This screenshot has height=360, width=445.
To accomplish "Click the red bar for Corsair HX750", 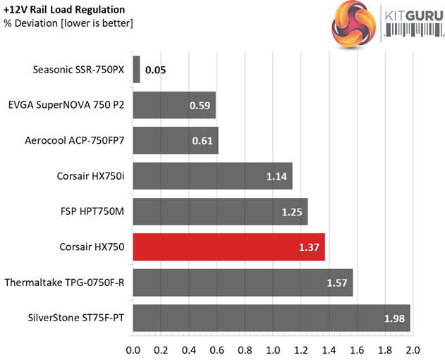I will (x=228, y=247).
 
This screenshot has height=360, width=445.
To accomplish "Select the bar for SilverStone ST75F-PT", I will (x=272, y=318).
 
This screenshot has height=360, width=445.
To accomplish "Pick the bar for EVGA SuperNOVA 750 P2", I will (x=174, y=106).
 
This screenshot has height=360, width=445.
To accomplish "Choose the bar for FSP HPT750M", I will (x=220, y=212).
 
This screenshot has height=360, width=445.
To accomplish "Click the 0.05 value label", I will (x=156, y=70).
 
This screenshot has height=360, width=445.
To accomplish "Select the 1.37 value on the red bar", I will (x=310, y=248).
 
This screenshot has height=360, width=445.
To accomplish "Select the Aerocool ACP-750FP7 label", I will (x=74, y=141).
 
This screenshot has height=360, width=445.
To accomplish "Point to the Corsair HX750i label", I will (x=91, y=176).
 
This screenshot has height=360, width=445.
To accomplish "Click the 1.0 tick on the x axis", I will (x=273, y=349).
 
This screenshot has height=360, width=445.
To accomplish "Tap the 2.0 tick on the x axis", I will (x=413, y=349).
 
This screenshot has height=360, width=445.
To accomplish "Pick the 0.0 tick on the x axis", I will (x=133, y=349).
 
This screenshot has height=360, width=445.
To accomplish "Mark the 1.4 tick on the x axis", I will (x=329, y=349).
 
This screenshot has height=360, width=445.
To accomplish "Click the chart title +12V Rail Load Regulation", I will (x=64, y=10).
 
